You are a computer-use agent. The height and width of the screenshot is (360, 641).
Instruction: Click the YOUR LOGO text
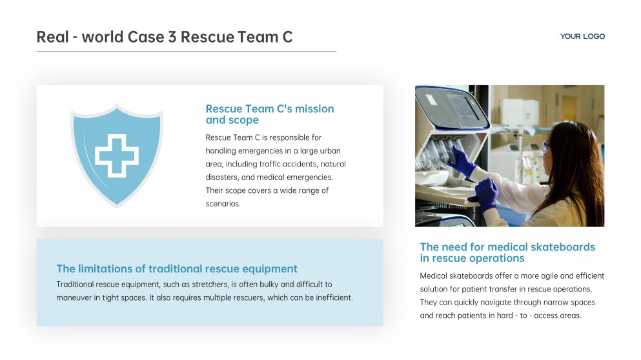[x=582, y=36]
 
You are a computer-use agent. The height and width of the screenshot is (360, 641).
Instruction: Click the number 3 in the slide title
[x=172, y=37]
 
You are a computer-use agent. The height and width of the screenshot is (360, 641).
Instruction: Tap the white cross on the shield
[x=117, y=155]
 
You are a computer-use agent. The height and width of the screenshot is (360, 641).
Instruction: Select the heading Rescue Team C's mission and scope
[x=270, y=114]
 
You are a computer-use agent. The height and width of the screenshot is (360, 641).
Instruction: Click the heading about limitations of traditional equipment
[x=177, y=268]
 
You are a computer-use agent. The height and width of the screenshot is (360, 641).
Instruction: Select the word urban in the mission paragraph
[x=330, y=151]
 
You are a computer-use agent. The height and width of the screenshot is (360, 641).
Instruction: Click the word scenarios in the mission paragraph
[x=223, y=203]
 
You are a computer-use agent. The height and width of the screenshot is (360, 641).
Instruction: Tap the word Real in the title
[x=53, y=37]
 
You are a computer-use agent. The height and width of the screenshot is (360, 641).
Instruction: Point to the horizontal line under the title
[x=187, y=52]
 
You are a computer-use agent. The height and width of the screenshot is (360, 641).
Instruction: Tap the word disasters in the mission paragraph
[x=222, y=177]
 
